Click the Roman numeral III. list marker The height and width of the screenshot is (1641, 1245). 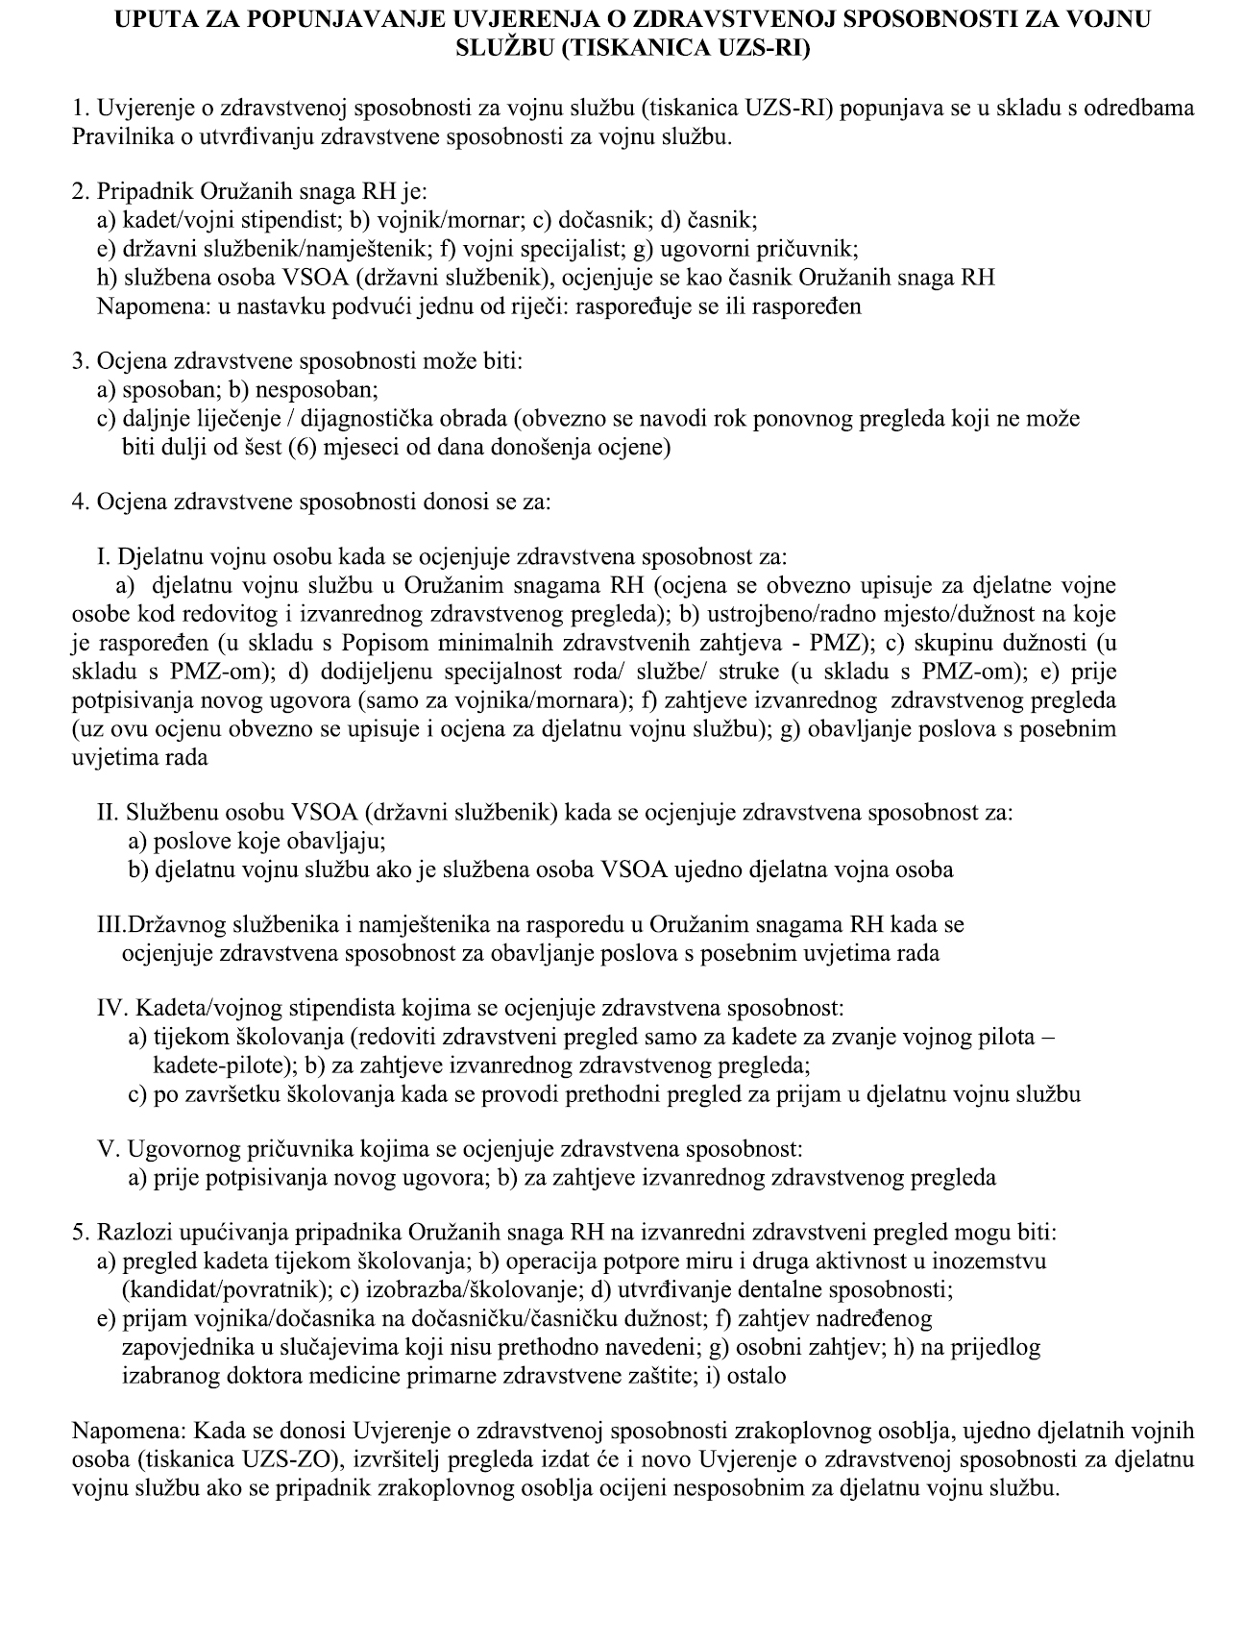[111, 925]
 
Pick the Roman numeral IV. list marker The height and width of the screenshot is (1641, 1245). [112, 1009]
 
